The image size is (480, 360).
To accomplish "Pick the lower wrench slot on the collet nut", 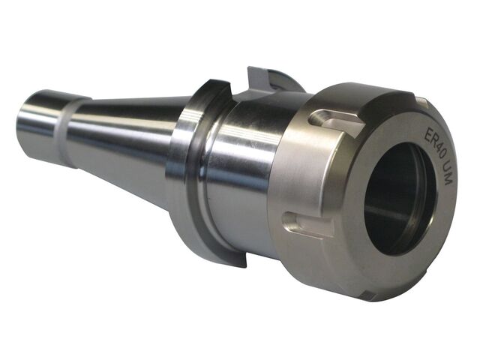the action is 303,223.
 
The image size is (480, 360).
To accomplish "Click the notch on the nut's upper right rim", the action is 421,100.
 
